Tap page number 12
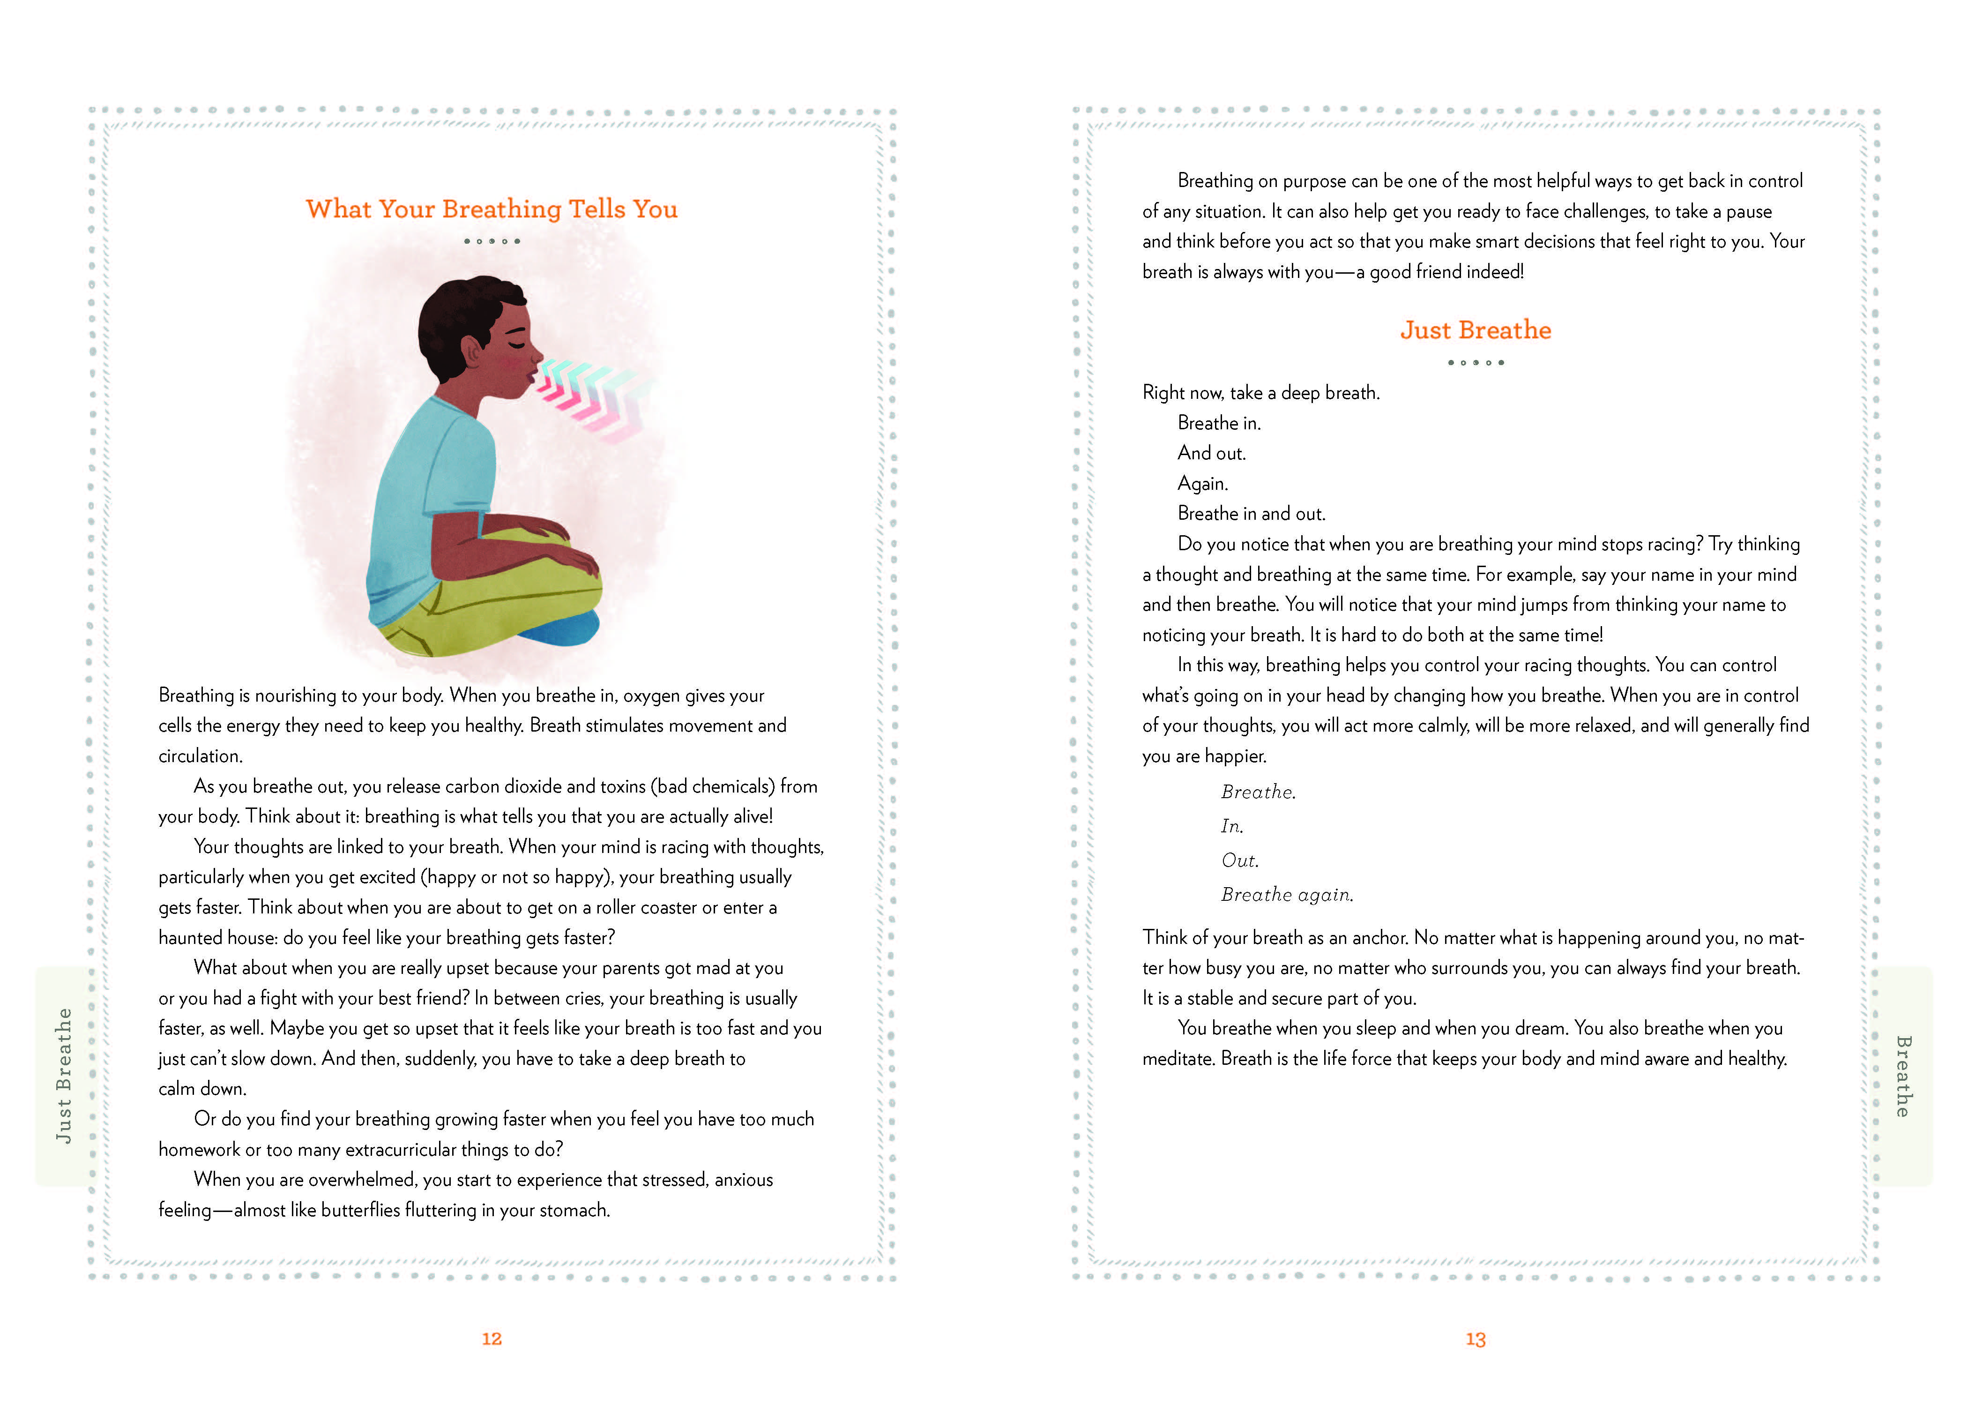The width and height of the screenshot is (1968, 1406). (492, 1339)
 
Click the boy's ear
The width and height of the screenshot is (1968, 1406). (472, 352)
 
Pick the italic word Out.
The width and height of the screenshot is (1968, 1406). (1239, 860)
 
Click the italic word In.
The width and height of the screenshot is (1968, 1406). (1231, 827)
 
